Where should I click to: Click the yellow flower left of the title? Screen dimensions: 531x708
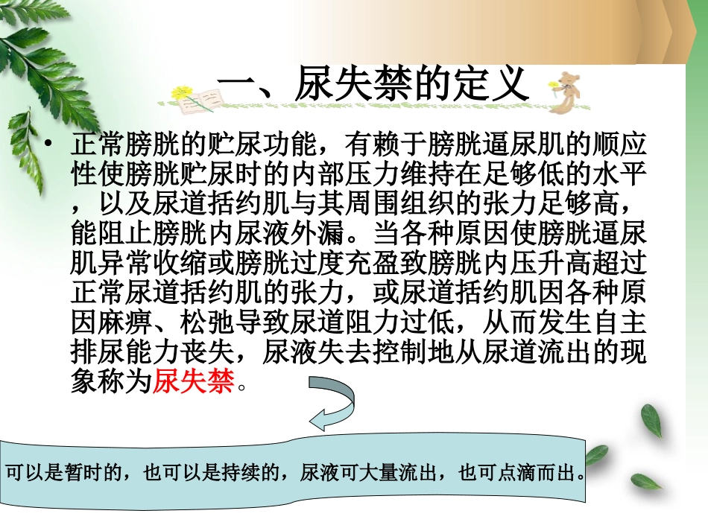click(183, 95)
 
